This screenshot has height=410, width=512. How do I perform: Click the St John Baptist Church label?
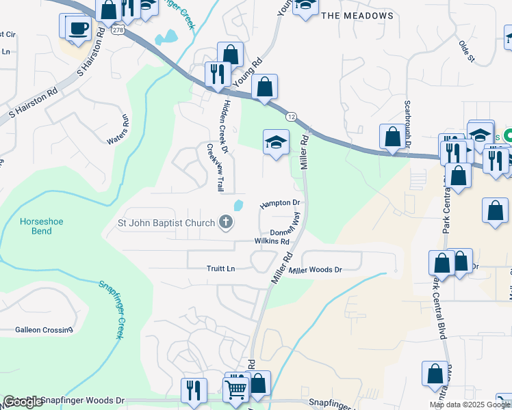point(166,222)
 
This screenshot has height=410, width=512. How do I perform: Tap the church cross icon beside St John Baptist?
point(226,222)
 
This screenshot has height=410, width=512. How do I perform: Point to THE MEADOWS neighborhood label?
point(357,16)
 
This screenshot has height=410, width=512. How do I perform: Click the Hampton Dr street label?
point(280,204)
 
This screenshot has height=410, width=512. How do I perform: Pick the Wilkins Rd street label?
point(272,241)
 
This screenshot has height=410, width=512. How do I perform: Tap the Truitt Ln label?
point(220,269)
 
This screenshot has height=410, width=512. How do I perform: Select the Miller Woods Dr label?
point(315,271)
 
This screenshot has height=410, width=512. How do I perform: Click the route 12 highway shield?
point(291,118)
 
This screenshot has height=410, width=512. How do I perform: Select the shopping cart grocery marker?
point(235,388)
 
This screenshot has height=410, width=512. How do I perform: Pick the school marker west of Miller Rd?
point(276,142)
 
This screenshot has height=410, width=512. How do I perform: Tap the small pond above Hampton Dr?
point(238,204)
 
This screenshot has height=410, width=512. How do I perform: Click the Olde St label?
point(467,51)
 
